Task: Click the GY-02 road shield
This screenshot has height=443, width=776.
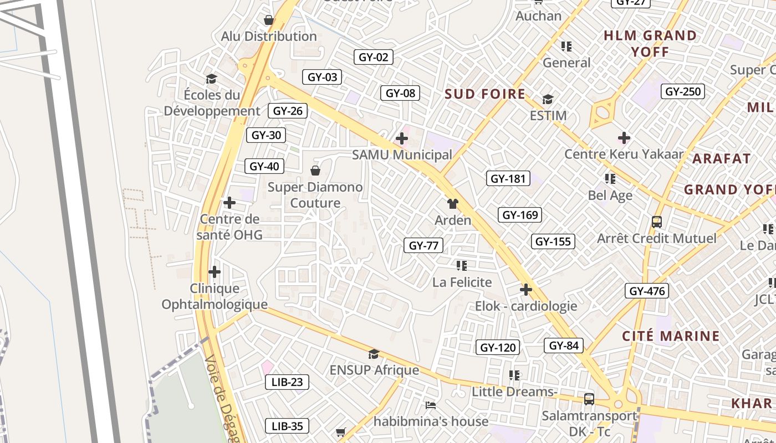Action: click(373, 57)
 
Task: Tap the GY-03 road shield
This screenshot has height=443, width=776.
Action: click(322, 77)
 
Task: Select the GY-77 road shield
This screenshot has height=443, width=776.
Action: click(423, 245)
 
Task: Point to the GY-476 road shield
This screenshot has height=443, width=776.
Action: click(646, 291)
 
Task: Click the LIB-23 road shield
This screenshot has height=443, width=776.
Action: click(287, 382)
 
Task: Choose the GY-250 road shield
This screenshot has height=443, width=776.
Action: click(683, 91)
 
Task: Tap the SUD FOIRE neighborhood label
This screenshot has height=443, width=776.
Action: click(485, 94)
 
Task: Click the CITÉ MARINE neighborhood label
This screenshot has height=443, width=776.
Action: click(671, 336)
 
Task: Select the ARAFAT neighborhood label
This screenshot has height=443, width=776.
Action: click(721, 159)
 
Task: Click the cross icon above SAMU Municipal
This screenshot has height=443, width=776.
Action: click(402, 138)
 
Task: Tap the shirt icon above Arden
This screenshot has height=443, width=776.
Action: click(453, 204)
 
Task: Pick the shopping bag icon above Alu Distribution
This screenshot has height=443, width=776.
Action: click(269, 20)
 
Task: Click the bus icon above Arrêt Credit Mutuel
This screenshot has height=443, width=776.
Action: click(657, 222)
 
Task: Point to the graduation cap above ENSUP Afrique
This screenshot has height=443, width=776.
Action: click(374, 354)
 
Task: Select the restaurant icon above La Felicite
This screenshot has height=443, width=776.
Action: click(462, 266)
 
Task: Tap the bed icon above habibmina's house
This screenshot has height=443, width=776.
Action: click(431, 405)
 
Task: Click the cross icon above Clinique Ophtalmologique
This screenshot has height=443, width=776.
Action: click(215, 272)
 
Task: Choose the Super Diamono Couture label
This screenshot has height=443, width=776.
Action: click(315, 195)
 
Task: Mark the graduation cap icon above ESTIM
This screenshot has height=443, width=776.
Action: click(548, 100)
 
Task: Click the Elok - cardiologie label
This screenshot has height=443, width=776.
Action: click(526, 306)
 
